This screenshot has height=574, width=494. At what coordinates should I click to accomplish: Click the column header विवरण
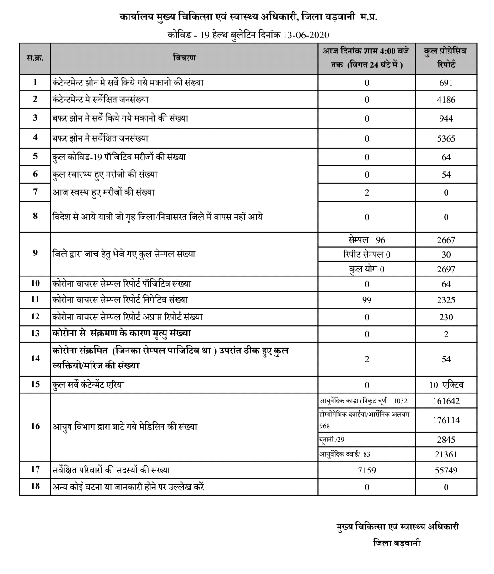[184, 58]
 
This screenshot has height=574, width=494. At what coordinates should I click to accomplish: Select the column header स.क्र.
[35, 58]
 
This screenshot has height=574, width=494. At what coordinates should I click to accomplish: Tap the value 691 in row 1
[446, 83]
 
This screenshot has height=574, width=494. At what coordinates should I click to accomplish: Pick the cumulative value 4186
[446, 100]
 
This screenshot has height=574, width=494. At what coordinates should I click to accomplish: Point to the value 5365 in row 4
[446, 138]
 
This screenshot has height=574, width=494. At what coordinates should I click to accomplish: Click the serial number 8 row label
[35, 217]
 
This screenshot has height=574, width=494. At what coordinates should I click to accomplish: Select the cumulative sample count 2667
[446, 240]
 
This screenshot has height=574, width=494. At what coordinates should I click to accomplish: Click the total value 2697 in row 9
[446, 269]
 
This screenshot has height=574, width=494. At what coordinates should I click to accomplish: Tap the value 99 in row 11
[366, 300]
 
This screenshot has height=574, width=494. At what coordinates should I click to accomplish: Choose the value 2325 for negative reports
[446, 300]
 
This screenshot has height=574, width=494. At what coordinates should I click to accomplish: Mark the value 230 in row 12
[446, 317]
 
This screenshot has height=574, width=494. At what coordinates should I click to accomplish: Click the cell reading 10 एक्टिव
[446, 385]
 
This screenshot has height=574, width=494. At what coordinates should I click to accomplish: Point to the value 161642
[446, 401]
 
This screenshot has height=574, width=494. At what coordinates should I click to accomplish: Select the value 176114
[446, 420]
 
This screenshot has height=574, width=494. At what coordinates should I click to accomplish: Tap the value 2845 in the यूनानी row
[446, 440]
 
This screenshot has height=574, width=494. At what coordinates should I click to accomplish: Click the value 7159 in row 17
[366, 470]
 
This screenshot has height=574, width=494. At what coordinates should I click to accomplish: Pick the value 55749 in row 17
[446, 470]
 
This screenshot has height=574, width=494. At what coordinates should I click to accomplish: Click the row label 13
[35, 334]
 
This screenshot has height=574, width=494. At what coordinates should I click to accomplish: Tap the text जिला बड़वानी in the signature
[397, 543]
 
